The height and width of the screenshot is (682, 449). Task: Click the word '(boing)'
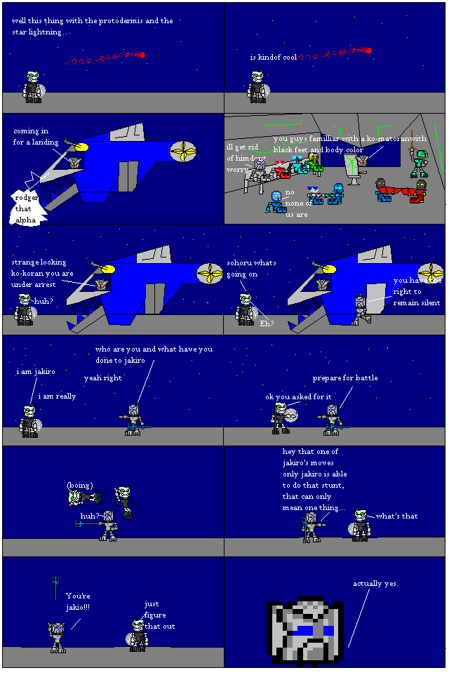tap(79, 485)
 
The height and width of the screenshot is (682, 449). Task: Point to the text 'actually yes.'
tap(375, 583)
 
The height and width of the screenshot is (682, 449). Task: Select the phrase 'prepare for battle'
tap(344, 377)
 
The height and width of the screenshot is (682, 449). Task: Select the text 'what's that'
tap(396, 516)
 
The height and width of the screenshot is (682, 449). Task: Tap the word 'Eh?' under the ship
tap(267, 323)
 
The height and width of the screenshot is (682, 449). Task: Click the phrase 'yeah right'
tap(102, 377)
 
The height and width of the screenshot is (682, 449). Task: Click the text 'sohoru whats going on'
tap(251, 268)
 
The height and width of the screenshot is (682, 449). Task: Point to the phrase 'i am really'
tap(57, 396)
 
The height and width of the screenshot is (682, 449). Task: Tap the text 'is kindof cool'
tap(274, 57)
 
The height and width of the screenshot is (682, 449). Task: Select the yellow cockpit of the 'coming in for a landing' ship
tap(82, 147)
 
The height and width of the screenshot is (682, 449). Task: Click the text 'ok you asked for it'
tap(298, 396)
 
